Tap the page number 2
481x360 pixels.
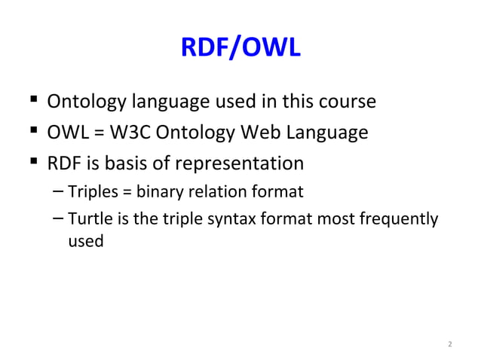click(450, 345)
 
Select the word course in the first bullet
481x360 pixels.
click(346, 101)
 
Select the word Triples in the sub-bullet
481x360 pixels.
click(91, 192)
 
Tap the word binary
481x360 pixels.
click(156, 192)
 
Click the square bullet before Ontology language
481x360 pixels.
click(32, 101)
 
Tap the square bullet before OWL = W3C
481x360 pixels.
click(32, 133)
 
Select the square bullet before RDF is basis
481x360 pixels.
click(32, 163)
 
